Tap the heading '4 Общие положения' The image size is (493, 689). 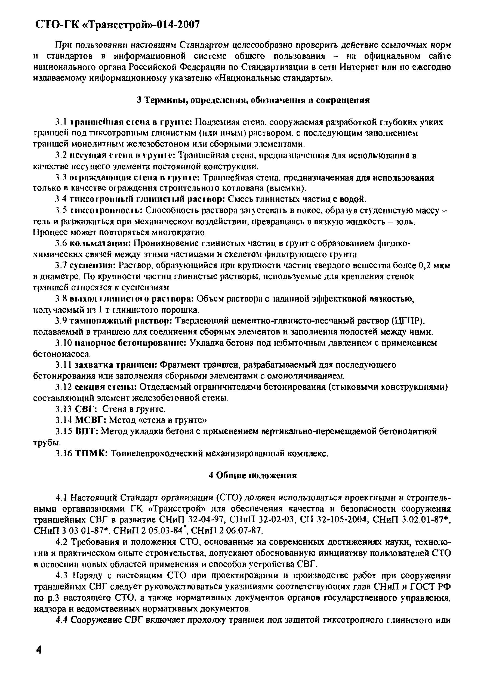pyautogui.click(x=252, y=475)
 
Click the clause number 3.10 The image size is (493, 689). pyautogui.click(x=63, y=343)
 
